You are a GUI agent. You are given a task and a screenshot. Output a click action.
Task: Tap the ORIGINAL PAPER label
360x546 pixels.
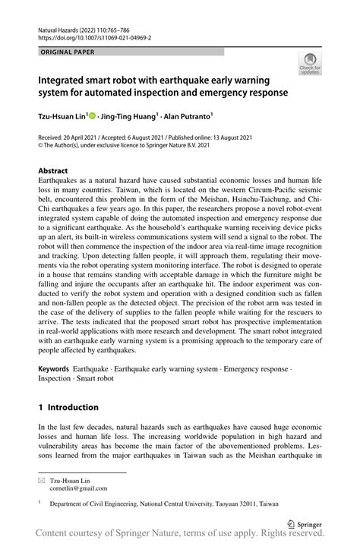[69, 52]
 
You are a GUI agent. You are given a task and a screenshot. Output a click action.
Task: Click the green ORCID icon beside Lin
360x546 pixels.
[93, 116]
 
